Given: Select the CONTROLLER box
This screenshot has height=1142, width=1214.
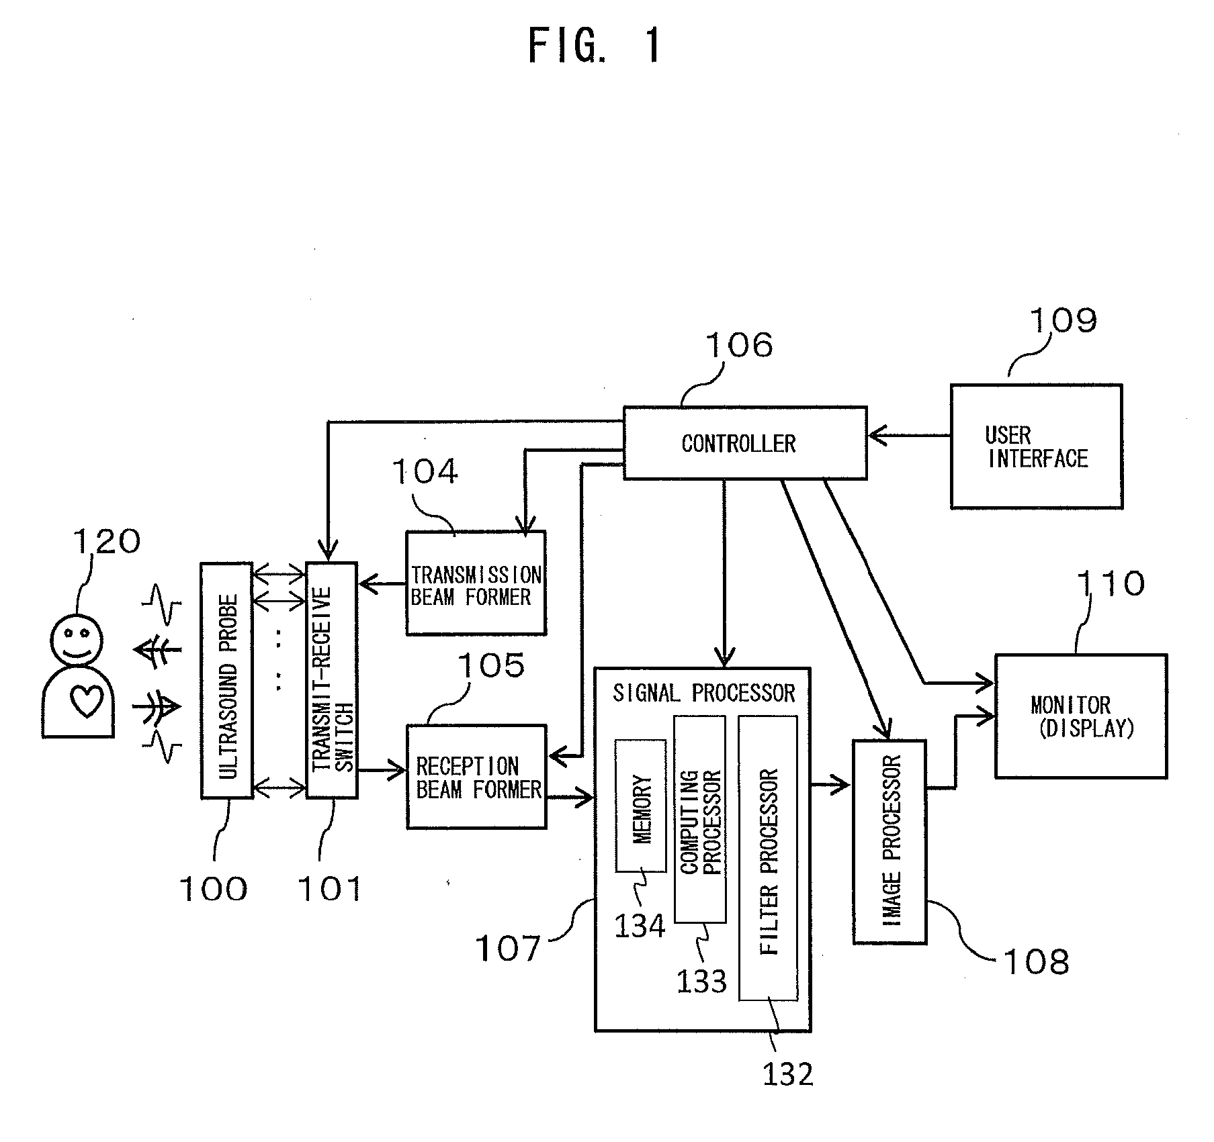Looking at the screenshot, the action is (745, 442).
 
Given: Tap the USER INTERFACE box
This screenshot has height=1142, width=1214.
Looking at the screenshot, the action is (1036, 446).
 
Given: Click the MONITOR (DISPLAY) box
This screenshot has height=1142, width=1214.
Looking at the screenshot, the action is (1080, 716).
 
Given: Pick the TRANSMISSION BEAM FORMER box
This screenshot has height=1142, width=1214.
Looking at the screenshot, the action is (476, 583).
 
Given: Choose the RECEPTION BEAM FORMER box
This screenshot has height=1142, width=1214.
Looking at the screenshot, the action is (476, 776).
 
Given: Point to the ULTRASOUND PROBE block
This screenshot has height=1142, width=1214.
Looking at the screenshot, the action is (227, 680).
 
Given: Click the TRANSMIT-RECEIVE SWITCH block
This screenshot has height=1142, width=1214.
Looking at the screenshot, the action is (331, 680).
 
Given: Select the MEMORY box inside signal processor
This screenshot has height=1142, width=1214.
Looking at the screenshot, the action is (640, 806).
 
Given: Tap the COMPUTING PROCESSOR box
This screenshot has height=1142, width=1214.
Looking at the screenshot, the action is (699, 819).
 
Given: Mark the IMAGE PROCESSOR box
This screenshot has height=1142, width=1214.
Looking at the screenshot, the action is (890, 842).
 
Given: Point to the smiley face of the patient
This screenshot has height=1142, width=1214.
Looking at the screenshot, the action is (77, 638).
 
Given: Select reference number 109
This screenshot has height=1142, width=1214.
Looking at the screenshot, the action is (1064, 321).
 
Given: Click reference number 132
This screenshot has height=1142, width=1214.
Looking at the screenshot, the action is (787, 1074).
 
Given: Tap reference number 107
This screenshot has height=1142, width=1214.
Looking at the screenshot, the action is (508, 948).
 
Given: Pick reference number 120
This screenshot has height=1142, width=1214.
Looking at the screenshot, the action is (107, 541).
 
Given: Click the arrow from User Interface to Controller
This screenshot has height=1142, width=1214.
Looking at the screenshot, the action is (909, 435).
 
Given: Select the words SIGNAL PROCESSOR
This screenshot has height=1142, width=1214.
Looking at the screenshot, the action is (703, 693).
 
